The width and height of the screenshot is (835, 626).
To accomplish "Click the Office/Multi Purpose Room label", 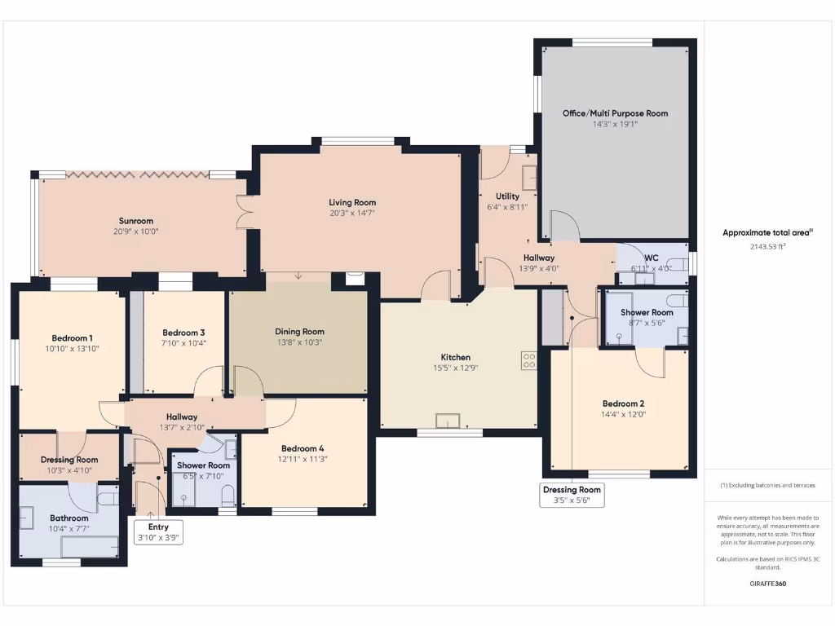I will point(615,113).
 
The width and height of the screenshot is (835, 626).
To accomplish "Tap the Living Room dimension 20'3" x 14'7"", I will point(352,213).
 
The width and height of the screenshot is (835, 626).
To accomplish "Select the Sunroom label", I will point(136,221).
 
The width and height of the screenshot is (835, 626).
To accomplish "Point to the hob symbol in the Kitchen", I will point(529,359).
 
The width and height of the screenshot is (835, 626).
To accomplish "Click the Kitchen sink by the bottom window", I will point(448,421).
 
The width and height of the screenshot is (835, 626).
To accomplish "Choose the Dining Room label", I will point(299,332).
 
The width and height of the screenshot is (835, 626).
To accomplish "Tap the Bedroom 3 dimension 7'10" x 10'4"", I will point(183,343).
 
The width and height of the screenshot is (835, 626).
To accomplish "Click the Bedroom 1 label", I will point(72,338).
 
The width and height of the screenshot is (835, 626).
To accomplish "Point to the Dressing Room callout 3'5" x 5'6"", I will point(572,495).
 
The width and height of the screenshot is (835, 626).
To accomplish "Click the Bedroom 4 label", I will point(303,448).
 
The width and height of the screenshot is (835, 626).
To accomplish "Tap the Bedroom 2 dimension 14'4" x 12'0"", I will point(624,414).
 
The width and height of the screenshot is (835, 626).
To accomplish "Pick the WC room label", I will point(651,258).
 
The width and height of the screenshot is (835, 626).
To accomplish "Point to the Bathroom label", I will point(69,518).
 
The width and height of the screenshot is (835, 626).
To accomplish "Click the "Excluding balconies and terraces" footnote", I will point(768,485).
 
